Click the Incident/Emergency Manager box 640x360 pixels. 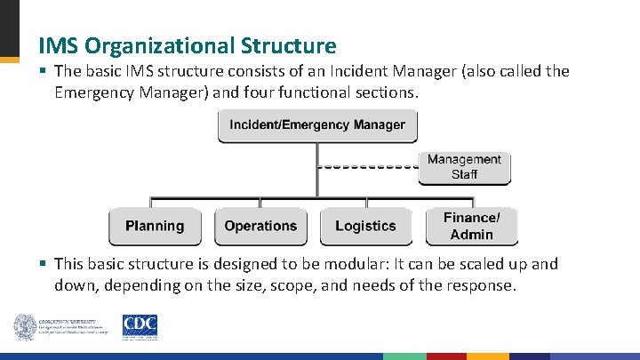tap(316, 125)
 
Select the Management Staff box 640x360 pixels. tap(464, 167)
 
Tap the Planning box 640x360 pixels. tap(155, 226)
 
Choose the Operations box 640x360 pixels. tap(260, 226)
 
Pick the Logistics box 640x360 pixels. tap(365, 226)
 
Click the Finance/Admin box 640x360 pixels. tap(471, 226)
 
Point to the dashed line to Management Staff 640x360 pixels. tap(368, 166)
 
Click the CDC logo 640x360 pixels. tap(140, 325)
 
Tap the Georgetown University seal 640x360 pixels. tap(24, 326)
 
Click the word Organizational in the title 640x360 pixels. tap(169, 45)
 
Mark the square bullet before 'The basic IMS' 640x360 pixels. tap(42, 71)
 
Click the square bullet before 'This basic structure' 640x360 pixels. tap(42, 264)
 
